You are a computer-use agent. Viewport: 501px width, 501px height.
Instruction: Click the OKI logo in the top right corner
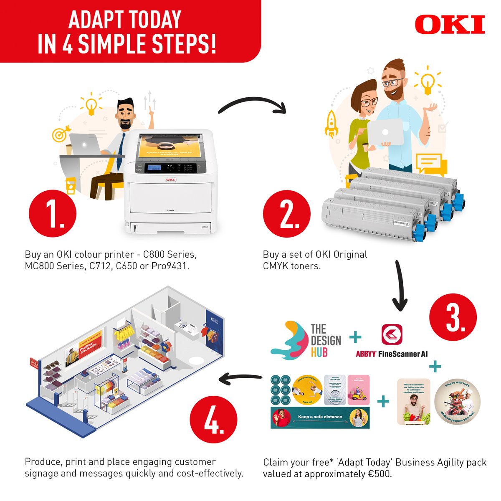point(450,25)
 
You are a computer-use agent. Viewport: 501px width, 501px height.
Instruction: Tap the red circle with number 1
point(53,214)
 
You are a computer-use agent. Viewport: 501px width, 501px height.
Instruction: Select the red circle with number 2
point(287,214)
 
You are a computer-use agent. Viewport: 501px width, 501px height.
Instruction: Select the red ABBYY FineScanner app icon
point(392,334)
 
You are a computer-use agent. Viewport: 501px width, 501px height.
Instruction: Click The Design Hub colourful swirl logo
point(288,340)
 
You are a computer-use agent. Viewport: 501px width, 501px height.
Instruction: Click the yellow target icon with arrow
point(60,134)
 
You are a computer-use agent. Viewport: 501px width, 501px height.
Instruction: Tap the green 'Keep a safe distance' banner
point(320,417)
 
